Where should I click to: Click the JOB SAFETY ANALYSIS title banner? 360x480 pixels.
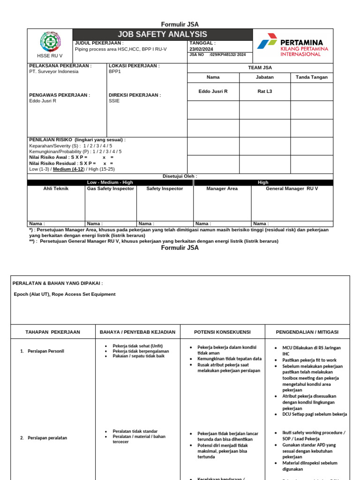(x=163, y=34)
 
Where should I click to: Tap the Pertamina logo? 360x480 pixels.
(x=293, y=45)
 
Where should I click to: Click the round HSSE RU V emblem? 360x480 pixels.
(x=50, y=42)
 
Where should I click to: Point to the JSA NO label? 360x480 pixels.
(x=196, y=55)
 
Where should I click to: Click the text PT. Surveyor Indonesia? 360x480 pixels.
(x=54, y=72)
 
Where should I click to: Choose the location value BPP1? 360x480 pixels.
(x=114, y=72)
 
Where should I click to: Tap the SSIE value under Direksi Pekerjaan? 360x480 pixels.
(x=114, y=101)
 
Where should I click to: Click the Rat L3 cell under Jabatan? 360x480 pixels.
(x=264, y=91)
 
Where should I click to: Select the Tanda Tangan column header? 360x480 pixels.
(x=312, y=77)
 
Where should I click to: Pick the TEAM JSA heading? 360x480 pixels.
(x=260, y=67)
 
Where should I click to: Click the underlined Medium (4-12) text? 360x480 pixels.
(x=69, y=169)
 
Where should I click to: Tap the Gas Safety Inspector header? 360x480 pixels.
(x=111, y=188)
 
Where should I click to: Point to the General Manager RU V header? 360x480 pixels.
(x=292, y=188)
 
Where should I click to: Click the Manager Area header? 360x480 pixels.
(x=222, y=188)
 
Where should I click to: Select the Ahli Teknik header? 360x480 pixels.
(x=56, y=188)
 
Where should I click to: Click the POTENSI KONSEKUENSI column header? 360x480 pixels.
(x=222, y=332)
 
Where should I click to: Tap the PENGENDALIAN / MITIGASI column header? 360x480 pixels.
(x=307, y=332)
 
